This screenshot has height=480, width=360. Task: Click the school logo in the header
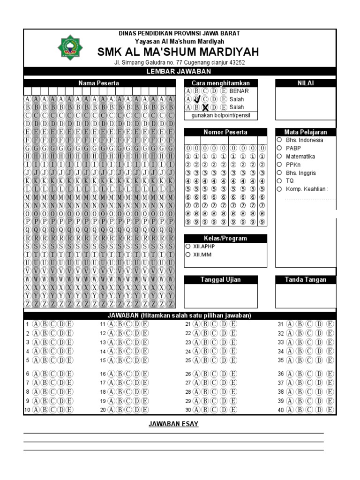click(69, 47)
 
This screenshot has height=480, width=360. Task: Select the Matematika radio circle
click(279, 156)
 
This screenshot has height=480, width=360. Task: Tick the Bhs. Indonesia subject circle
click(279, 140)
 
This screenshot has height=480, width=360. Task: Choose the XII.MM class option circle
click(188, 255)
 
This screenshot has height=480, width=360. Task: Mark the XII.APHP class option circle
click(188, 246)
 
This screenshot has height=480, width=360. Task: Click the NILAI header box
click(306, 83)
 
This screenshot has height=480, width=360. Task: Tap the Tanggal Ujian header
click(220, 280)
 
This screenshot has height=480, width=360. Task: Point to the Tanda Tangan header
click(306, 280)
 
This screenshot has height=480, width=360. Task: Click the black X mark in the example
click(205, 108)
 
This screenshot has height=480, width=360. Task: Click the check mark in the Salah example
click(197, 99)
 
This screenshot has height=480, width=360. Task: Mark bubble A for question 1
click(36, 324)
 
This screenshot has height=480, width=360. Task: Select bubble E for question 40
click(330, 410)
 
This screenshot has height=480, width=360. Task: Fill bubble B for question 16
click(120, 374)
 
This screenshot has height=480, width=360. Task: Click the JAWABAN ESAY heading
click(173, 424)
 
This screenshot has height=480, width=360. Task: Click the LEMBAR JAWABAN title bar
click(180, 71)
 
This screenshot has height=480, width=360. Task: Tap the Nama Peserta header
click(98, 83)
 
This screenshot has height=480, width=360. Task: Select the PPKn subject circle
click(279, 165)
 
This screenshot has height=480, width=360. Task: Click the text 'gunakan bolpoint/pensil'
click(220, 115)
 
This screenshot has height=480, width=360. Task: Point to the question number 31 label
click(280, 324)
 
